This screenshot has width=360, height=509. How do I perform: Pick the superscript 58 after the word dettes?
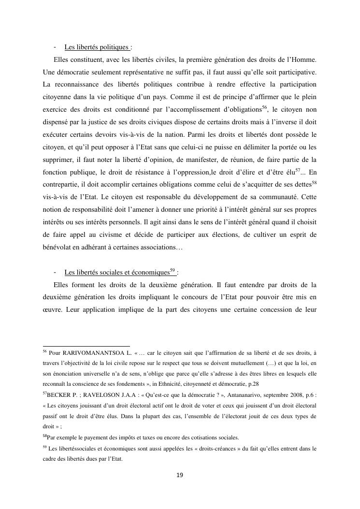click(314, 183)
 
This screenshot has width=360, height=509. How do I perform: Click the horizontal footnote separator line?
click(86, 346)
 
